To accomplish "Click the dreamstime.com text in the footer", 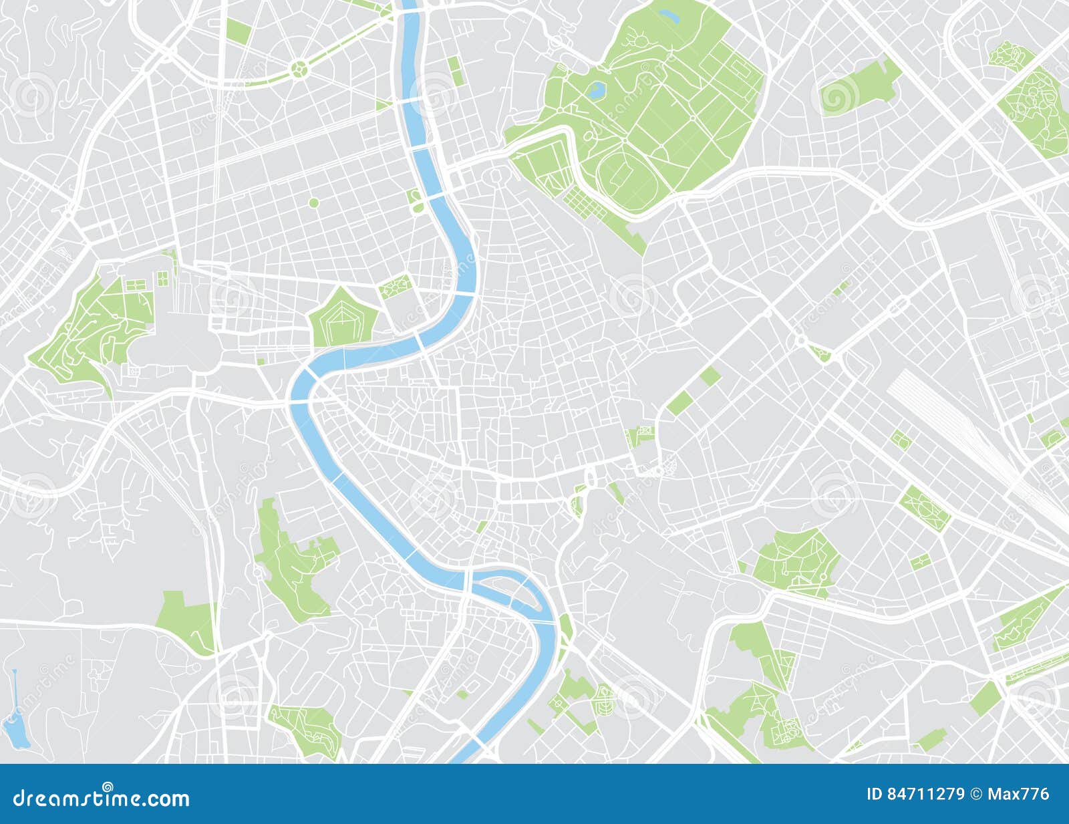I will click(102, 798).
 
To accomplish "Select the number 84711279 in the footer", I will click(925, 794).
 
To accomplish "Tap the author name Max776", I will click(1018, 794).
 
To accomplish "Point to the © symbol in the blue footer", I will click(977, 794).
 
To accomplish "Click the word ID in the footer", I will click(875, 794).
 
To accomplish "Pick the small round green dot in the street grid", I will click(313, 202).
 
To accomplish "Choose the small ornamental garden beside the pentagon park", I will click(394, 287).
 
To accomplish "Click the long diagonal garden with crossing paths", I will click(925, 508).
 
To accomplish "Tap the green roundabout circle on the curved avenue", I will click(300, 67).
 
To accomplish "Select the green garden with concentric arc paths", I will click(604, 698).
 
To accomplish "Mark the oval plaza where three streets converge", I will click(496, 176).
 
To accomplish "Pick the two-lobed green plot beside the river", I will click(416, 199).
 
